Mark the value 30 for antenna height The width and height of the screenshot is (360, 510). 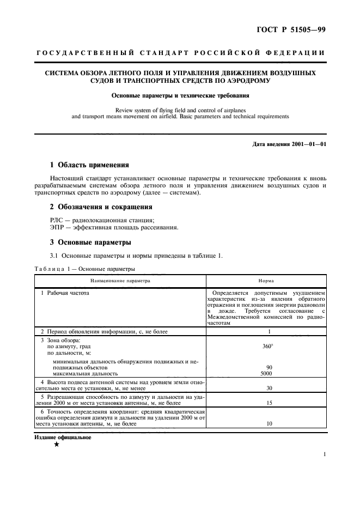269,388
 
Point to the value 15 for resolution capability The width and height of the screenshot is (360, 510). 269,403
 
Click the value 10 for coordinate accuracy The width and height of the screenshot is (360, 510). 269,423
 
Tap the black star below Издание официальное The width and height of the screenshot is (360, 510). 57,444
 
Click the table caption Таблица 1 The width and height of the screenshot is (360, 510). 55,269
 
